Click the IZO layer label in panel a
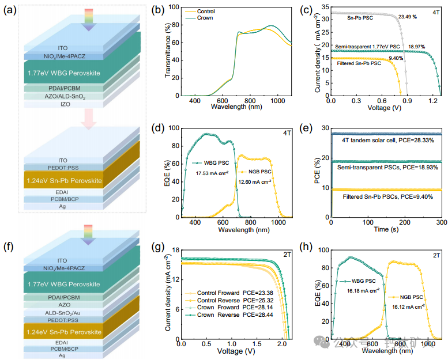tap(66, 104)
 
